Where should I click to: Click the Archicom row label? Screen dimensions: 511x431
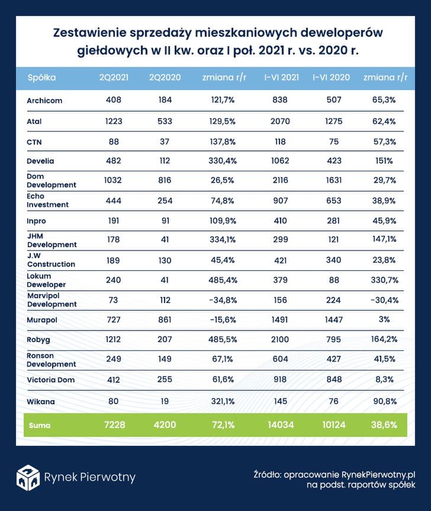tap(44, 101)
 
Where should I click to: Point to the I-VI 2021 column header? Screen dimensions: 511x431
tap(281, 78)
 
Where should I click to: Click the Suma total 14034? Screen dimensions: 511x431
tap(281, 424)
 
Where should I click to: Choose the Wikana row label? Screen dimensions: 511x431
tap(41, 402)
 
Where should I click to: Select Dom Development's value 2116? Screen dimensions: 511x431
tap(281, 181)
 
